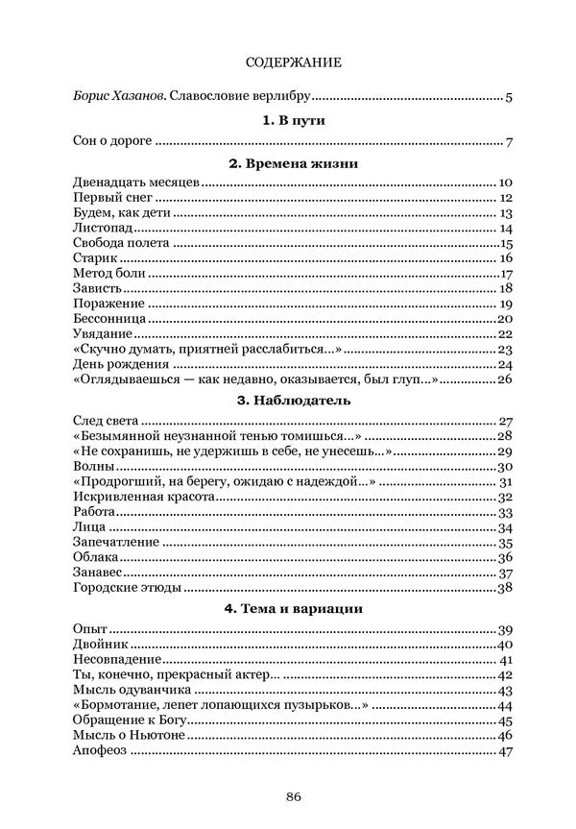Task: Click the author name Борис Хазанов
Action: pos(110,96)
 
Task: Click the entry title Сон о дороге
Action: pos(112,143)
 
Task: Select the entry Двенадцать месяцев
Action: pos(135,183)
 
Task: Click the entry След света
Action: pos(107,420)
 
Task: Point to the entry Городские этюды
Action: pos(127,587)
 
